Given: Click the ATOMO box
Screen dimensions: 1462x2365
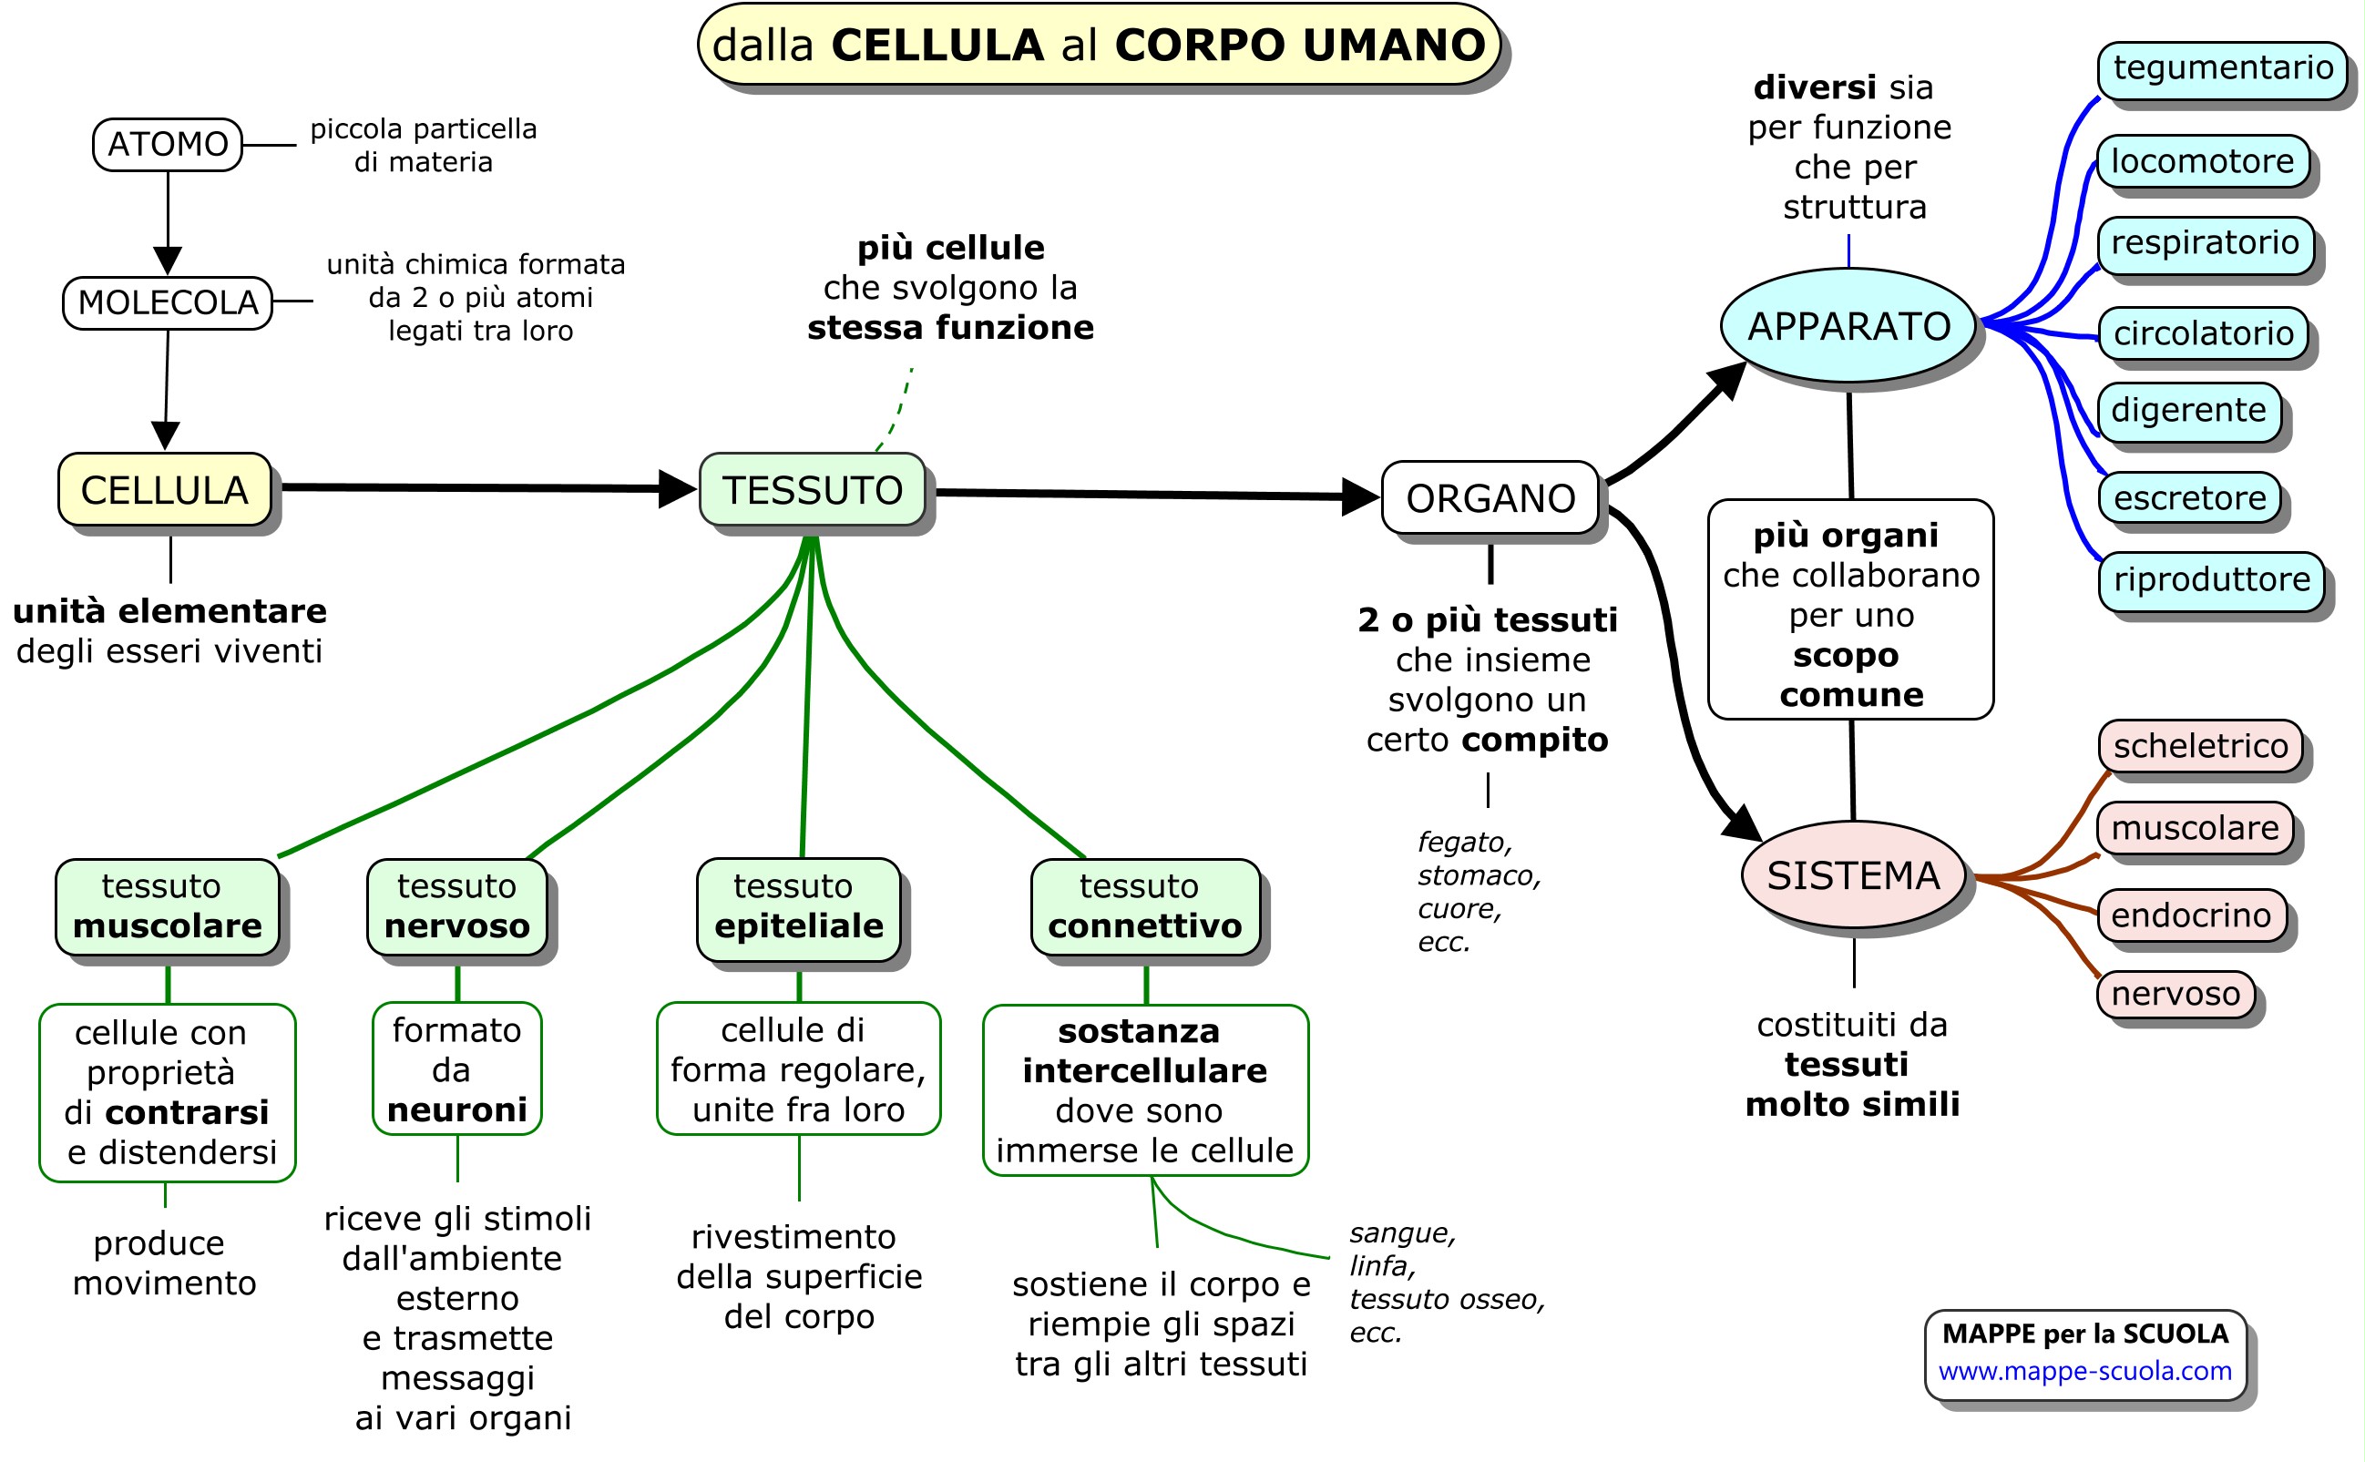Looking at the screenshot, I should (168, 144).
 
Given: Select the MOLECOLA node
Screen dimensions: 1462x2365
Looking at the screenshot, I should (168, 302).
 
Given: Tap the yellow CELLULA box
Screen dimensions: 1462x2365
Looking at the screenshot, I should (164, 490).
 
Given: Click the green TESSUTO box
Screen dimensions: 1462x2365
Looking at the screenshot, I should (813, 490).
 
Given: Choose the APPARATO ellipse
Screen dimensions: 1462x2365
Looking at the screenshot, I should (1848, 326).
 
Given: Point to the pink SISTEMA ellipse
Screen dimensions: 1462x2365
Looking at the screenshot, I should (1852, 875).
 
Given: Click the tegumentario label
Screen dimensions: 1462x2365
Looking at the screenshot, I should (2222, 68).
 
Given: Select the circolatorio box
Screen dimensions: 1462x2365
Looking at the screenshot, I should (2203, 333).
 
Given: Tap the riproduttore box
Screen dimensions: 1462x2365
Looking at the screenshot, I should (2211, 580).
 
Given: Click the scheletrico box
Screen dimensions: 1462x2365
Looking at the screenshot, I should (2200, 746).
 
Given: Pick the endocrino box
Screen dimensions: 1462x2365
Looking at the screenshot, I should (2190, 915).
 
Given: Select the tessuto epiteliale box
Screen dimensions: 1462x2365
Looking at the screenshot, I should (799, 907).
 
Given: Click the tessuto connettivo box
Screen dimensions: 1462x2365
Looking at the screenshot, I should (1145, 907).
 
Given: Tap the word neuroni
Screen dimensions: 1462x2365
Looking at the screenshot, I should (457, 1110).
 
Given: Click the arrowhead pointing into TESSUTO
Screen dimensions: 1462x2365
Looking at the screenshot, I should (677, 489).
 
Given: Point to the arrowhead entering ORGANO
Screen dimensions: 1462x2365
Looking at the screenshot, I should (1359, 497).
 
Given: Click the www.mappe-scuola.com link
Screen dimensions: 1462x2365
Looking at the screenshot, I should (2084, 1371).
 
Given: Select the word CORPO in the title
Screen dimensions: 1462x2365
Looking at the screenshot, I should (1200, 46).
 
